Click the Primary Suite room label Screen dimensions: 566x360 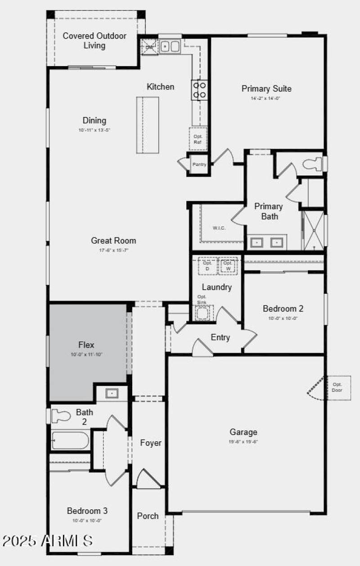pos(266,89)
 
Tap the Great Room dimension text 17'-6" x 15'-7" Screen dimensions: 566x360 pos(113,250)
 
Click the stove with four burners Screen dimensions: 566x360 pos(199,90)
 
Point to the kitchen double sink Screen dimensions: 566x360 pos(170,46)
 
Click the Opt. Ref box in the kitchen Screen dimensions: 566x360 pos(198,139)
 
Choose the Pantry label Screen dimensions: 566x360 pos(199,165)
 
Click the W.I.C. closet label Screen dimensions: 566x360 pos(219,228)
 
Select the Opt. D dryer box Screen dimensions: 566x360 pos(207,266)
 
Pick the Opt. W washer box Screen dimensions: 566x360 pos(228,266)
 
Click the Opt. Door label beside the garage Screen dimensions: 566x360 pos(337,387)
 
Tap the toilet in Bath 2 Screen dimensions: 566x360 pos(61,416)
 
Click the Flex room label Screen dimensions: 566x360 pos(86,345)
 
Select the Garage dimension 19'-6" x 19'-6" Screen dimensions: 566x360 pos(243,442)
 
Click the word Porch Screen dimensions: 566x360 pos(148,516)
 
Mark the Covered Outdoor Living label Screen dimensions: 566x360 pos(94,40)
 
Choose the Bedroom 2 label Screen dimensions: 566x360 pos(283,309)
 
